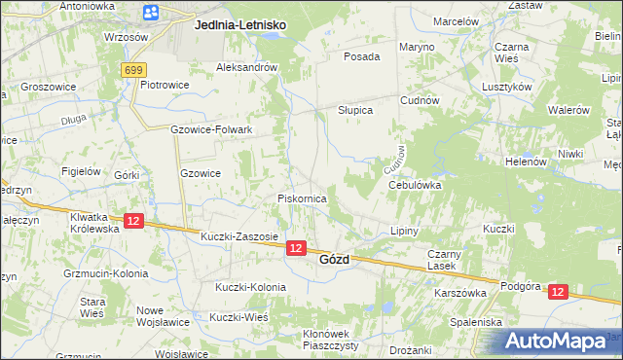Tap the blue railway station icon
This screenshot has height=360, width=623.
(151, 13)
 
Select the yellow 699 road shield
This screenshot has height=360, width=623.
(135, 70)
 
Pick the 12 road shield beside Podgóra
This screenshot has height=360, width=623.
(557, 291)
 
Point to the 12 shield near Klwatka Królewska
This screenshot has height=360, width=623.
(134, 222)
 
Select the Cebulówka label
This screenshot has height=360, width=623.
(416, 184)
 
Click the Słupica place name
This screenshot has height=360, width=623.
(355, 110)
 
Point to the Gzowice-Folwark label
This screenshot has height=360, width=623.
(211, 129)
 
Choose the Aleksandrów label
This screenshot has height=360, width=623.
(247, 68)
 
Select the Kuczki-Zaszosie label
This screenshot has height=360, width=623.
(238, 236)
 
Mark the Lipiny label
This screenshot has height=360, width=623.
(403, 232)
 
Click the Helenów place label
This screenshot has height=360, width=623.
(526, 162)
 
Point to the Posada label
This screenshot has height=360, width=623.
(361, 56)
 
